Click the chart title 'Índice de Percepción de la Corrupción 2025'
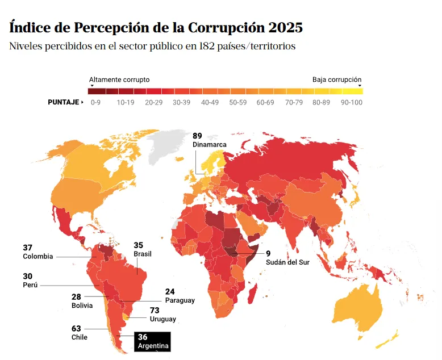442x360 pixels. [156, 27]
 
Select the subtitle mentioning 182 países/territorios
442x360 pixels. [152, 47]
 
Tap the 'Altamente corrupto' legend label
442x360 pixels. [119, 80]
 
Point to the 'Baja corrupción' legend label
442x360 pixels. [336, 80]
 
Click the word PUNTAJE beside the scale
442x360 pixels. [63, 103]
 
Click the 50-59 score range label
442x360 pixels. [237, 103]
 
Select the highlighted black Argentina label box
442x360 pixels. [151, 341]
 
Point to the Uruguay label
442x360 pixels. [162, 319]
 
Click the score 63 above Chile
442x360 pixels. [76, 328]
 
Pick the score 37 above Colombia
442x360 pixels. [27, 248]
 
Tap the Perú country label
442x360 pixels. [30, 285]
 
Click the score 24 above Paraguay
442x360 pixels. [170, 291]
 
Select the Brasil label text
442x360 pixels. [143, 254]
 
